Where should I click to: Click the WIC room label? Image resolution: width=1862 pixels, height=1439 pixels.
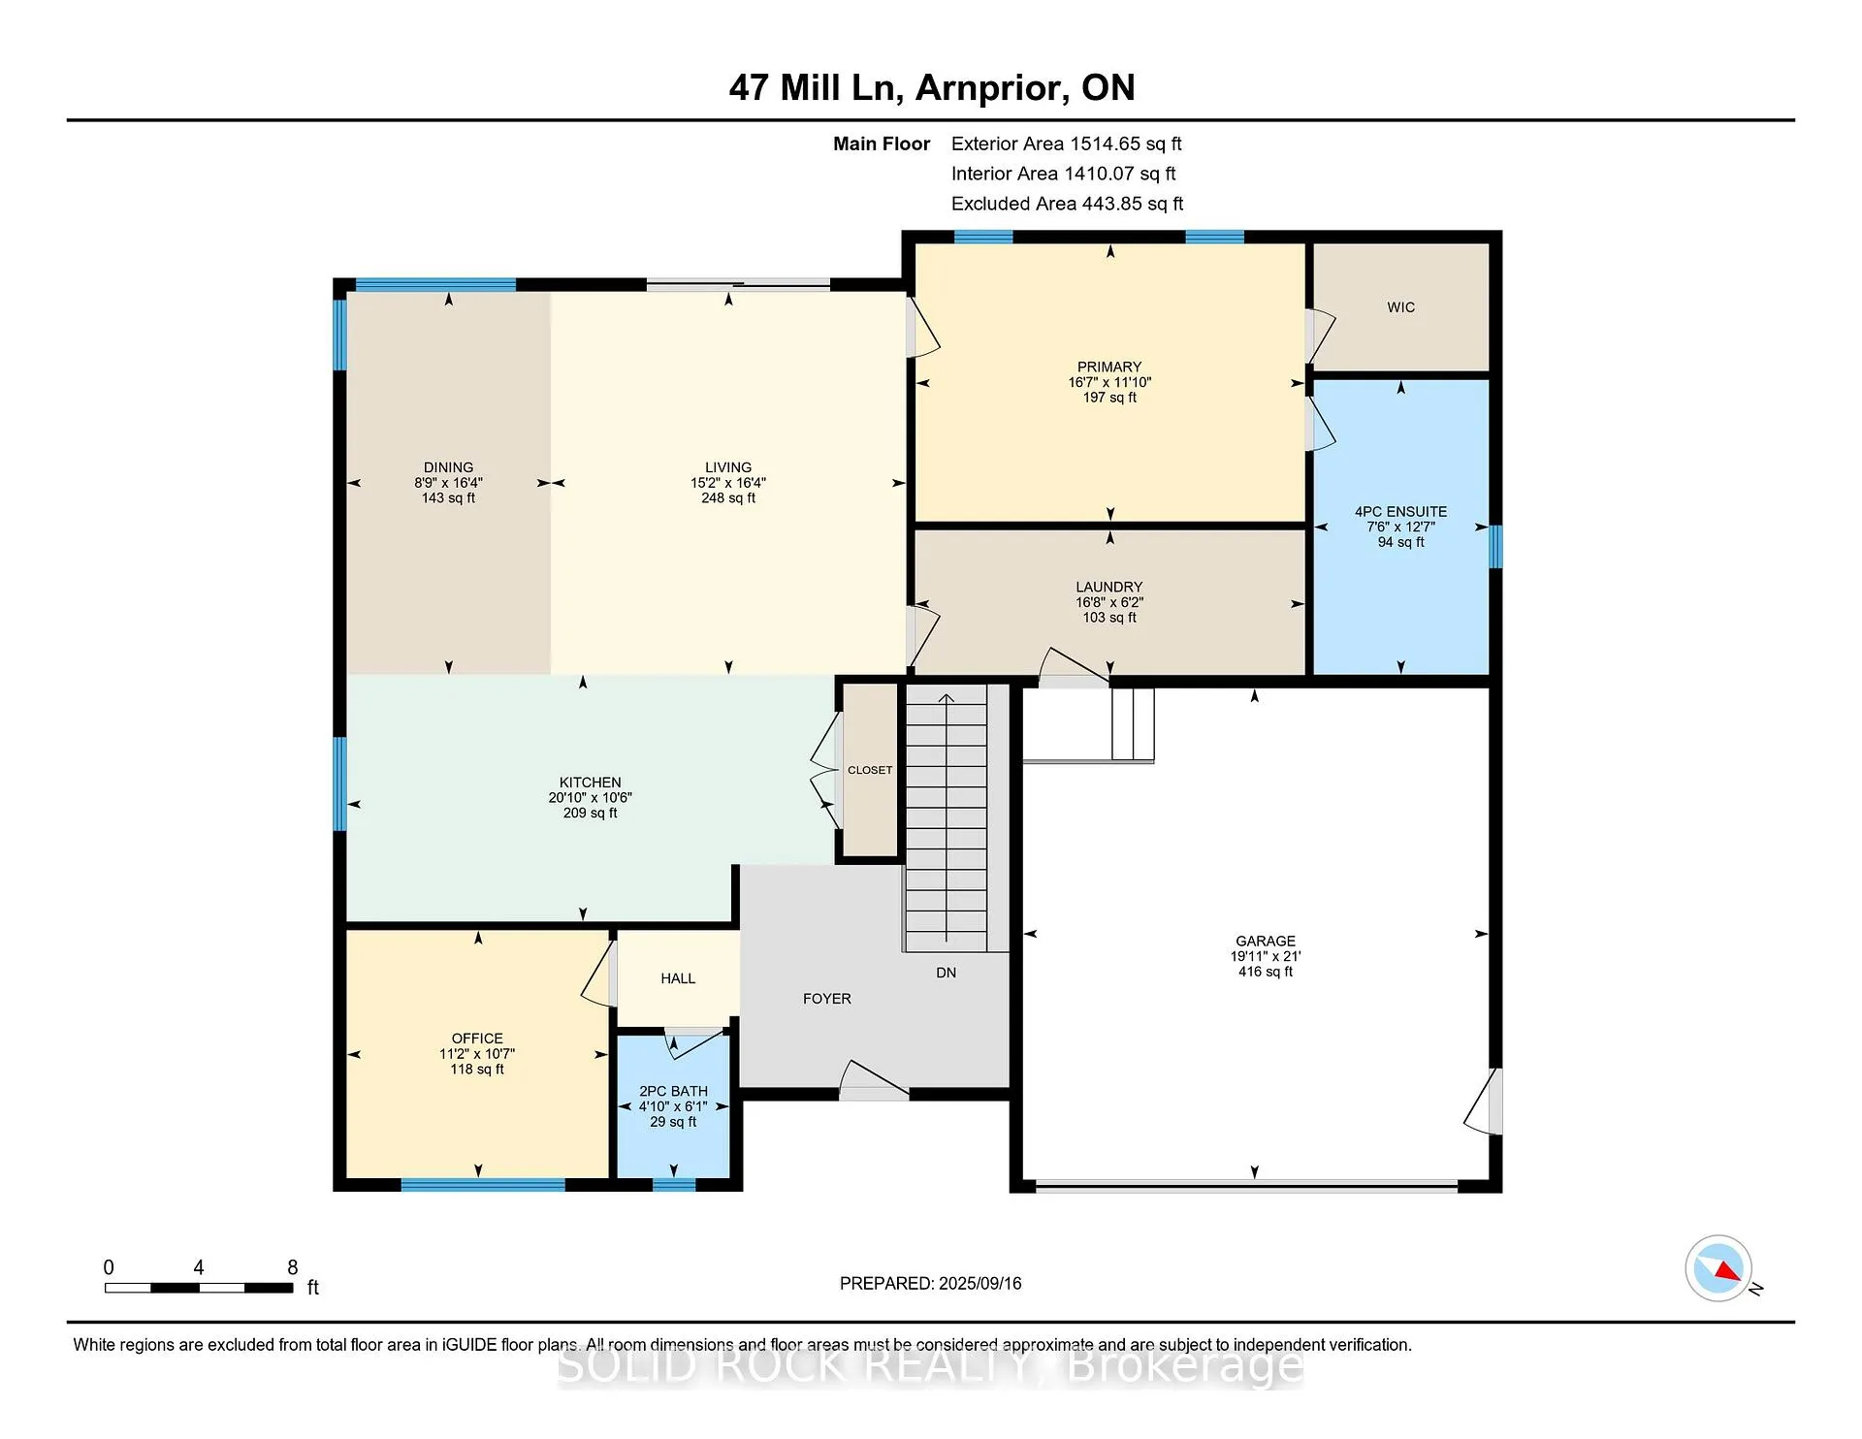click(1400, 307)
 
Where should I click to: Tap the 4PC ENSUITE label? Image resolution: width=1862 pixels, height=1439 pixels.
click(1400, 511)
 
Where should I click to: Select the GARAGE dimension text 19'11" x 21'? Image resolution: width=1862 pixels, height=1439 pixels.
click(1266, 956)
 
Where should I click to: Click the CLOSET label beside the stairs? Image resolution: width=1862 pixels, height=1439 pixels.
click(870, 770)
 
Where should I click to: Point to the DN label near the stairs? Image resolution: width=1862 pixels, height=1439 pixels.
click(946, 973)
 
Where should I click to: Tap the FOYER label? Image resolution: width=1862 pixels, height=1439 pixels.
click(827, 999)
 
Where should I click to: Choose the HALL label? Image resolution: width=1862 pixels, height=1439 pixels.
click(678, 978)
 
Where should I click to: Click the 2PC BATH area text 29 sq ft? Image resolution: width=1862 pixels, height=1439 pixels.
click(673, 1122)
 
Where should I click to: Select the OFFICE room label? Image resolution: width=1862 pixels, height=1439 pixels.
click(477, 1039)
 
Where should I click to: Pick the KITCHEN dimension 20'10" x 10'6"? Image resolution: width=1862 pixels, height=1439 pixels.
click(590, 798)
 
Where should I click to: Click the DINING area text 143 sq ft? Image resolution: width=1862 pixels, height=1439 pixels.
click(448, 498)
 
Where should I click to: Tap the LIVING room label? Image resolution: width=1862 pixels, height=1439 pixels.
click(728, 467)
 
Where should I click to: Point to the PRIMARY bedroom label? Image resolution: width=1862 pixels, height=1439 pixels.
click(1109, 368)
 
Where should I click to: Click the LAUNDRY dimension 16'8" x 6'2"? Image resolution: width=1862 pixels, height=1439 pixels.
click(1109, 602)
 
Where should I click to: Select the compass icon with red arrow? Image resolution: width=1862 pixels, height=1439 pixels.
click(1718, 1268)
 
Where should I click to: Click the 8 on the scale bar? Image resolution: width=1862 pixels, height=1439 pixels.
click(293, 1267)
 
